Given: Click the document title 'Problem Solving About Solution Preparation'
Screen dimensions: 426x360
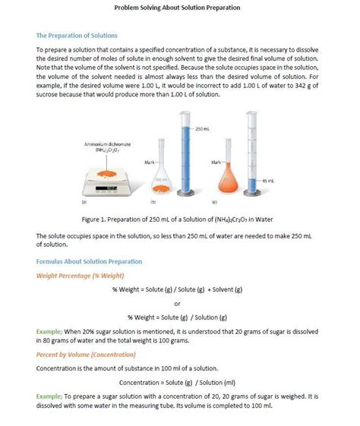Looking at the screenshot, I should click(177, 8).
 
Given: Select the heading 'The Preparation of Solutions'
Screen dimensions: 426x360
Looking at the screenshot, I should click(77, 36).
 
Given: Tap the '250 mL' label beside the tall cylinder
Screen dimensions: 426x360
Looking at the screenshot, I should click(203, 129).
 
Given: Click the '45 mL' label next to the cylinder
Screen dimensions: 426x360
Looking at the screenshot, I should click(268, 181).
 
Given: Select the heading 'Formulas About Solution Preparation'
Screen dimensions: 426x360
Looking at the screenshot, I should click(89, 261).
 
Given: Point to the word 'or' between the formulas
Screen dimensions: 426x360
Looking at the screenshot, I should click(177, 303).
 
